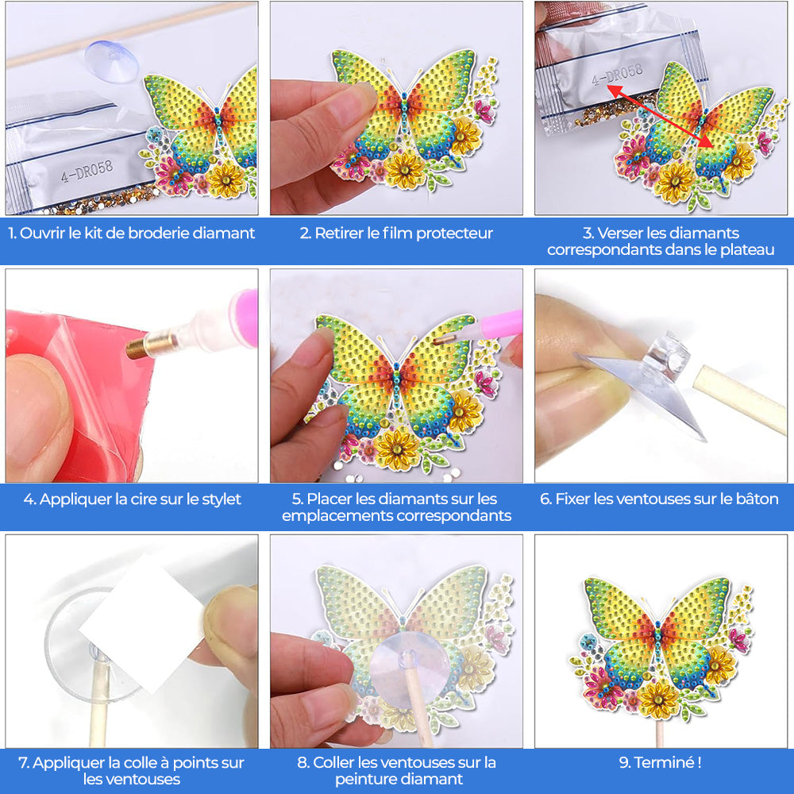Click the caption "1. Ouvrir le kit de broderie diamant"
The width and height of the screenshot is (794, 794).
(x=132, y=233)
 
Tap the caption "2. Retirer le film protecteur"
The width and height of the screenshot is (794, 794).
(x=396, y=233)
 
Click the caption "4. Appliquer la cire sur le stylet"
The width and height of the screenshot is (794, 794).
(x=132, y=499)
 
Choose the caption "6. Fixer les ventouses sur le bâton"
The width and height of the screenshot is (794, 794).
(x=660, y=499)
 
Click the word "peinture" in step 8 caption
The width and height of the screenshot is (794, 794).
(x=367, y=779)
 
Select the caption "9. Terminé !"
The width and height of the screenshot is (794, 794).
(x=660, y=763)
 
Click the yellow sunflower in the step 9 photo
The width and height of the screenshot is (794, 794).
(x=658, y=698)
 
